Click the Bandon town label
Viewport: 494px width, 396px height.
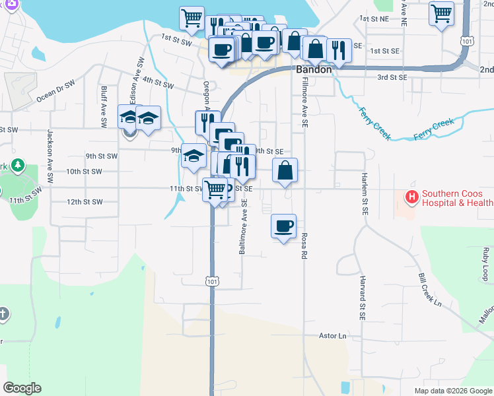pos(313,69)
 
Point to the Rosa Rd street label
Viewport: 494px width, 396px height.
pos(306,244)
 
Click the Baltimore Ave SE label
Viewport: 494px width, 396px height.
pos(243,226)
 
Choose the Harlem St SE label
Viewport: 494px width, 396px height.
pos(363,194)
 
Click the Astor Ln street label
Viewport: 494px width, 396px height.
pos(333,336)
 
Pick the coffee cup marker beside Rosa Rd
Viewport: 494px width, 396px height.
pos(283,226)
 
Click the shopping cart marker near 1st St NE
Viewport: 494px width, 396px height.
pos(441,13)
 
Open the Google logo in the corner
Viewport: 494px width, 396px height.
pos(22,387)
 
